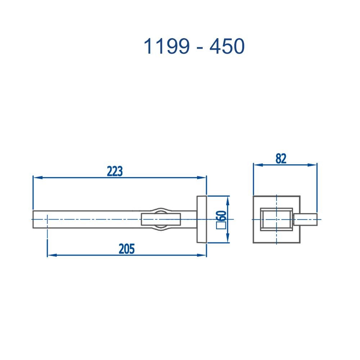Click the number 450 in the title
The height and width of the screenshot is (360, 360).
coord(228,46)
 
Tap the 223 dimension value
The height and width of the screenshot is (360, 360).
coord(115,171)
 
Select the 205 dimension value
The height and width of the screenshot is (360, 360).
coord(126,249)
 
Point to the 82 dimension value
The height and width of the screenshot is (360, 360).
coord(281,159)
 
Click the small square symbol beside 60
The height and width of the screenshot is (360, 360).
coord(220,226)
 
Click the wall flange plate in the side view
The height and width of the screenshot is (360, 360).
coord(201,220)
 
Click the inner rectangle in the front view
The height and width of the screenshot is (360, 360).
coord(276,219)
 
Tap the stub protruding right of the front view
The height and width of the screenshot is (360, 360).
coord(306,219)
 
